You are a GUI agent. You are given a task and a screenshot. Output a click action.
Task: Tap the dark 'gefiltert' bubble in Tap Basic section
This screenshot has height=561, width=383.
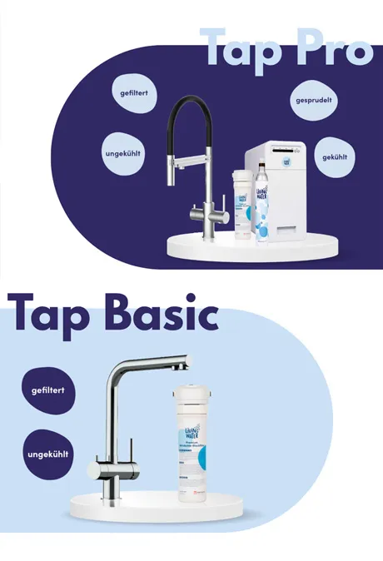(48, 390)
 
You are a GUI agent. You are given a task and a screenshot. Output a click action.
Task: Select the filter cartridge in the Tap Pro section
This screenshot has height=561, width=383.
(241, 204)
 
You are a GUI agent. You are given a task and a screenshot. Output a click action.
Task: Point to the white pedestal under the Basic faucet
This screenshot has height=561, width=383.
(158, 504)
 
